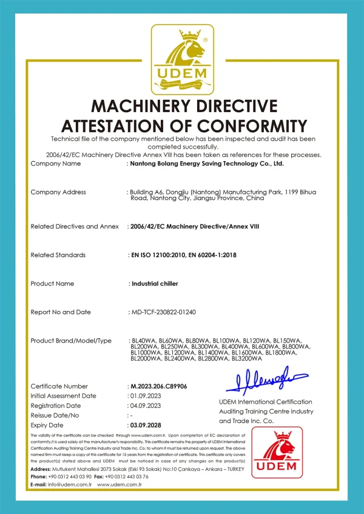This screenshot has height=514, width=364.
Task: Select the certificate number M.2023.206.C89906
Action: point(158,386)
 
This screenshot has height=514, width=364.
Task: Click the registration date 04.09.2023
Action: point(145,406)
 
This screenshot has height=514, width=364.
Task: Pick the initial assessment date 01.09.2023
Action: point(145,396)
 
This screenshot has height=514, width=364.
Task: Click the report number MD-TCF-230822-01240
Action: point(163,312)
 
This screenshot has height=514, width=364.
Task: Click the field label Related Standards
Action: point(58,255)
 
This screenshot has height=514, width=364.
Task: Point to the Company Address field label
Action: point(58,192)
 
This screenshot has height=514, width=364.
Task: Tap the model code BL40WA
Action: point(143,341)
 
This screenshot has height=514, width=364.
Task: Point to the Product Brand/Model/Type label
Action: point(71,341)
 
